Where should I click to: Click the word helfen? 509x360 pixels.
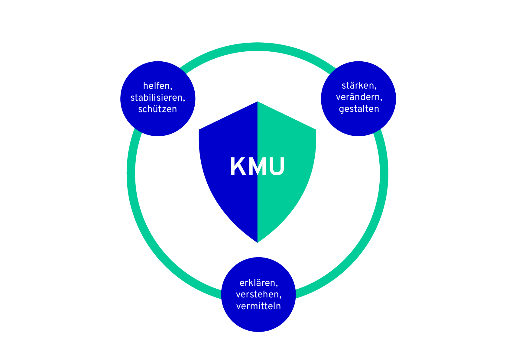tap(156, 86)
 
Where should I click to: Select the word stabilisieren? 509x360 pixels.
tap(156, 98)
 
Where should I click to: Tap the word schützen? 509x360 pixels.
tap(157, 109)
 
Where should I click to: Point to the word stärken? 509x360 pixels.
tap(358, 86)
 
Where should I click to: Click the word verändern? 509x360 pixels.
tap(358, 97)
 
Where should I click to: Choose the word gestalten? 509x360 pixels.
tap(359, 109)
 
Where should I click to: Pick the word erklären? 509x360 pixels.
tap(257, 283)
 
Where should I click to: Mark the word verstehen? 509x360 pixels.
tap(258, 294)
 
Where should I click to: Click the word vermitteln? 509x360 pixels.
tap(258, 306)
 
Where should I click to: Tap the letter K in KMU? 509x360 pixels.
tap(238, 166)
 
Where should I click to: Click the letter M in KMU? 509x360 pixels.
tap(257, 166)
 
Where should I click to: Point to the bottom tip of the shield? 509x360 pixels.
tap(258, 242)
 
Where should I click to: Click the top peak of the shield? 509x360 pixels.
tap(258, 102)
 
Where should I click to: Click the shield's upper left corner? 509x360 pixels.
tap(199, 130)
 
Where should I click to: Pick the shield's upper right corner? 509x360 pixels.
tap(316, 130)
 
